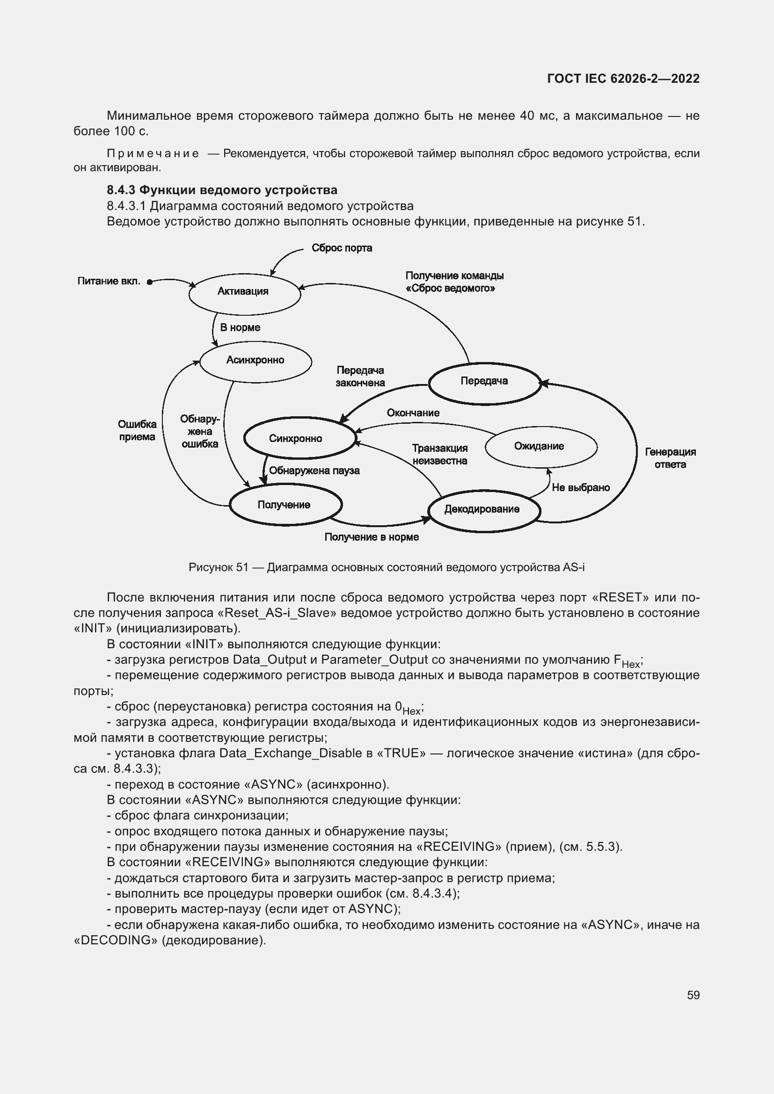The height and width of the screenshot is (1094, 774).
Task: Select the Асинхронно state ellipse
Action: pos(255,361)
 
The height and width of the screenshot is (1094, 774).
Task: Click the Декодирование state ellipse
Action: pos(483,510)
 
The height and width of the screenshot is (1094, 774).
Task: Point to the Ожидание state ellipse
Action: pos(540,447)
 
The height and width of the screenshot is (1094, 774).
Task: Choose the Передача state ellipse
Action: pos(484,382)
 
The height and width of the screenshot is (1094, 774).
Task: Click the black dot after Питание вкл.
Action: pos(149,282)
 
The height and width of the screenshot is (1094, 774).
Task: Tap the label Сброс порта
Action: pos(341,248)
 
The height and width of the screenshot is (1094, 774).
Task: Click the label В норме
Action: pos(240,328)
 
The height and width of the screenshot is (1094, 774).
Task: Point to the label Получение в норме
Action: pos(371,537)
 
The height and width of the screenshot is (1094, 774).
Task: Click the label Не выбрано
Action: pos(580,487)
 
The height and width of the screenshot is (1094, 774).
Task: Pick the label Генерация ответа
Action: pos(670,458)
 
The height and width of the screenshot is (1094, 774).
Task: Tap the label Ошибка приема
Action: pos(137,430)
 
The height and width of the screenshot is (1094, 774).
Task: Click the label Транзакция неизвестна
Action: pos(439,454)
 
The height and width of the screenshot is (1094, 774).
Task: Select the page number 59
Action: pos(693,995)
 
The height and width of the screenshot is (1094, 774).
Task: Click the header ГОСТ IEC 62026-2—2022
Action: pos(623,79)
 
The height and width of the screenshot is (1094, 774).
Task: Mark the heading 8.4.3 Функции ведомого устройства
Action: pos(222,190)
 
